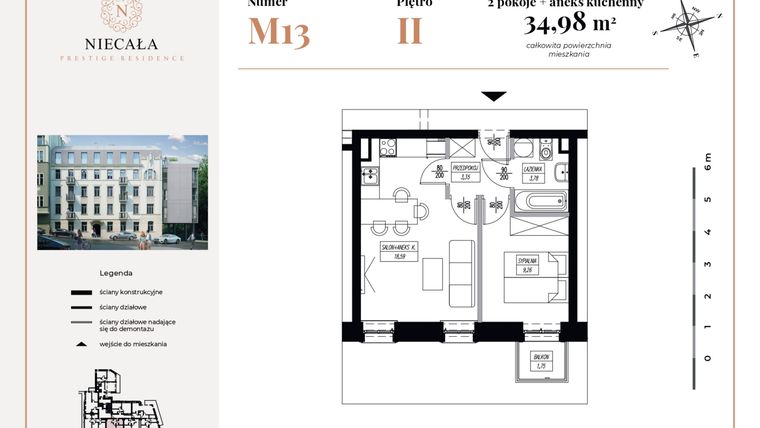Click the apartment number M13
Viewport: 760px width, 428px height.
pos(278,32)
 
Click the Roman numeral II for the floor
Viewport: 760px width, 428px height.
pos(409,31)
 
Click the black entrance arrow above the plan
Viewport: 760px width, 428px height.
pos(493,96)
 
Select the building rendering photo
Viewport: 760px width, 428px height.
pos(122,192)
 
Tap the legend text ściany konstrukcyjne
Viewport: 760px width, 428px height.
pos(131,291)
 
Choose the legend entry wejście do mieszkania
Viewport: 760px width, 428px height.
pos(133,343)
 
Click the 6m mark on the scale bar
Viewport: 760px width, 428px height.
pos(707,159)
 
